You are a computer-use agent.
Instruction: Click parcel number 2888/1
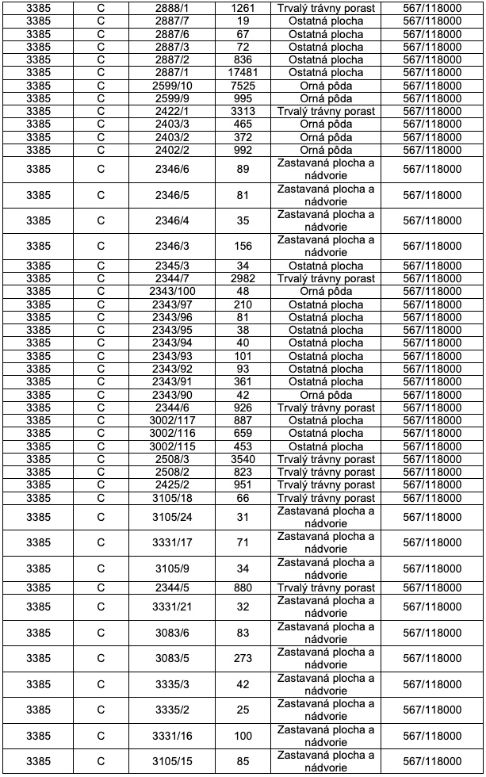point(171,8)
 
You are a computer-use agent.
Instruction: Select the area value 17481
point(243,72)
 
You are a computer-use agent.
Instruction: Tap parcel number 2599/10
point(171,86)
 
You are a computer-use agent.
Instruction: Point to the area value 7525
point(243,86)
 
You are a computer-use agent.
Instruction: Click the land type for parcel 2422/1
point(326,111)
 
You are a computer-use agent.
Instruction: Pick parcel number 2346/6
point(171,169)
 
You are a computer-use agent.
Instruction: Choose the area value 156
point(243,247)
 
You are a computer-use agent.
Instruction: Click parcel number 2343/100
point(171,292)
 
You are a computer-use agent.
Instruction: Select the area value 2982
point(243,279)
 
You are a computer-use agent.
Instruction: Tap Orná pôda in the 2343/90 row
point(326,395)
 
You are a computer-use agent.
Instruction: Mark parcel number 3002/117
point(171,421)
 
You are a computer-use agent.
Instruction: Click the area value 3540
point(243,459)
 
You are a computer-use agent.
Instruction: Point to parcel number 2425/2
point(171,485)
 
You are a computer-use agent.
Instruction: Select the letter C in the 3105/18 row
point(101,498)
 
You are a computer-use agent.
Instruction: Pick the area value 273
point(243,658)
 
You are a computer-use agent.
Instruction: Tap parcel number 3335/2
point(171,710)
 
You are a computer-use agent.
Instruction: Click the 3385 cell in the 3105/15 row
point(38,761)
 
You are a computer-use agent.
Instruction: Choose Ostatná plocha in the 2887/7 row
point(326,21)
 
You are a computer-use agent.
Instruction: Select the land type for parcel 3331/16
point(326,736)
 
